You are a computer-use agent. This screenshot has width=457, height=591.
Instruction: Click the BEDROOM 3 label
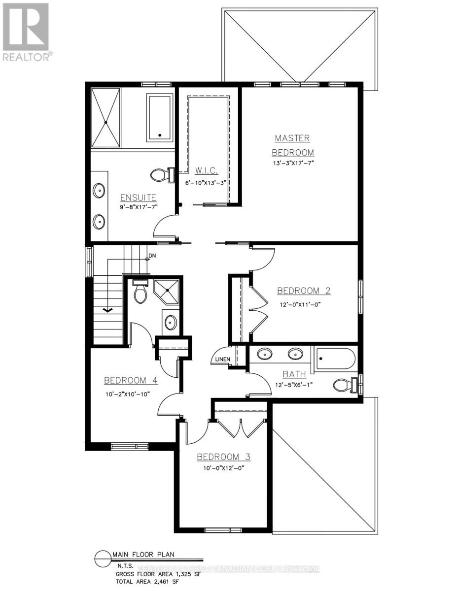coord(223,457)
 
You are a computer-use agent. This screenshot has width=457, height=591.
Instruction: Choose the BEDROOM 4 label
coord(131,380)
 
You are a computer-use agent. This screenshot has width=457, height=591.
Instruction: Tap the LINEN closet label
coord(221,360)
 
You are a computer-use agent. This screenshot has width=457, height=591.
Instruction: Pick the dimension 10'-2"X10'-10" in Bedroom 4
coord(127,394)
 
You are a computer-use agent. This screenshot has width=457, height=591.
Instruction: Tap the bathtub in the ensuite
coord(159,117)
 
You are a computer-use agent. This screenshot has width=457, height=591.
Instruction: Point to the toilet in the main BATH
coord(343,384)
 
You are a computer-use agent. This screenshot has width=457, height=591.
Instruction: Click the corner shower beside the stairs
coord(166,292)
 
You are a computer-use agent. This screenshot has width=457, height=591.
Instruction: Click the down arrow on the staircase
coord(107,309)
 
